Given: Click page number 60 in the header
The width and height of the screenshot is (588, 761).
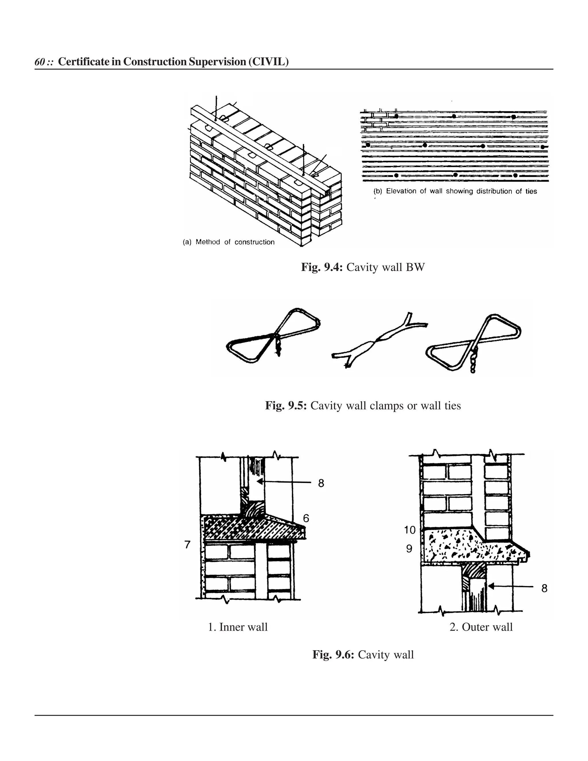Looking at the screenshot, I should tap(39, 62).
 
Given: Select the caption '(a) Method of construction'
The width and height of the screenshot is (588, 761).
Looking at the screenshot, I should tap(229, 242).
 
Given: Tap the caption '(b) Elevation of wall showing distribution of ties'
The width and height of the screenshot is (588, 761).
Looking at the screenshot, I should tap(455, 191).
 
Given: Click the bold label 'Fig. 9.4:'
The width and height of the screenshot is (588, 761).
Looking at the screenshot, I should tap(322, 267).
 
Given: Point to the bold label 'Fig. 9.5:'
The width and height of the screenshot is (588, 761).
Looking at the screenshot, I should tap(286, 405).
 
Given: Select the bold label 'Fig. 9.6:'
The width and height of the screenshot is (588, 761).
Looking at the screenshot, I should tap(333, 654).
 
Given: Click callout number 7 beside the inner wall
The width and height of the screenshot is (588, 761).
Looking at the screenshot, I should tap(187, 544).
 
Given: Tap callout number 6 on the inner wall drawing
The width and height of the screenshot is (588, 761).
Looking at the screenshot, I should tap(306, 518).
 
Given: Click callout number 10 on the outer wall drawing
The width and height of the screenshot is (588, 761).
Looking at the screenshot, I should tap(410, 530).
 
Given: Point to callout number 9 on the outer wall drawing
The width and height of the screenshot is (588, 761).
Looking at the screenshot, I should tap(409, 549).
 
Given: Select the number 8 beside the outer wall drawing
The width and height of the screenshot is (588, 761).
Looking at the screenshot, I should tap(544, 588).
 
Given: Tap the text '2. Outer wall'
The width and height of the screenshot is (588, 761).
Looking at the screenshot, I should tap(481, 627).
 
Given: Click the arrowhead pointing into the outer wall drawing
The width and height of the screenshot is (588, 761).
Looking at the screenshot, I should tap(491, 586).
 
